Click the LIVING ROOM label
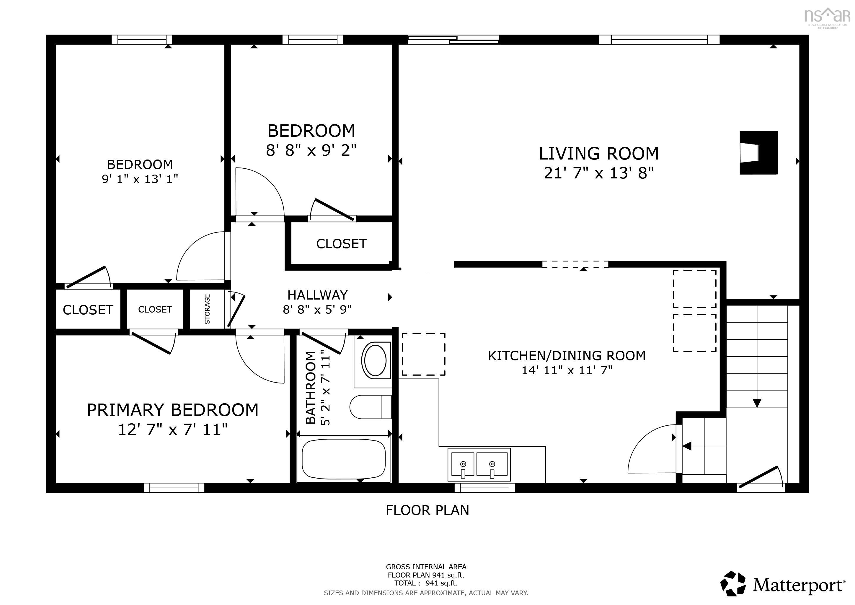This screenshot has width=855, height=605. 599,154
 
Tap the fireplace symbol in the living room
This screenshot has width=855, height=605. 758,152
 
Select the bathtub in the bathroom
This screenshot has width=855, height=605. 343,459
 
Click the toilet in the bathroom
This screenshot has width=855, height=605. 371,407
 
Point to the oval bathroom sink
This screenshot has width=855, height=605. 375,361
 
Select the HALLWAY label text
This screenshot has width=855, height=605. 317,295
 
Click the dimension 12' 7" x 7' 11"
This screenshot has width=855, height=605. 173,430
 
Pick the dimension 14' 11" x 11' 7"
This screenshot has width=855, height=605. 567,370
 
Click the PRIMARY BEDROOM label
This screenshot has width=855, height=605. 172,410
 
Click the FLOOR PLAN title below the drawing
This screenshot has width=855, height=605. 427,510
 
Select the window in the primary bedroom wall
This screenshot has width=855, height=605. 174,487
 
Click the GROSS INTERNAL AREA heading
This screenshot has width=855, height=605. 426,567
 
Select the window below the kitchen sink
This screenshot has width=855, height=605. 484,487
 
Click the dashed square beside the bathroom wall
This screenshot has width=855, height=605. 423,354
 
